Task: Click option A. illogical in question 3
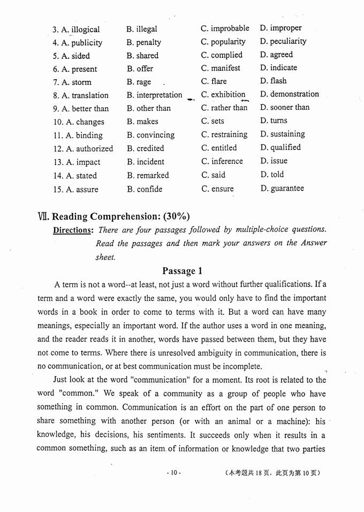tap(81, 29)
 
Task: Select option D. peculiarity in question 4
tap(283, 41)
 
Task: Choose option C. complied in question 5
tap(222, 55)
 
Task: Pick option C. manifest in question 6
tap(221, 68)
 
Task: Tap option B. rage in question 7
tap(139, 82)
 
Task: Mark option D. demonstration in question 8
tap(290, 94)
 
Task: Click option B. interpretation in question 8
tap(155, 95)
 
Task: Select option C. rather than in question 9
tap(224, 108)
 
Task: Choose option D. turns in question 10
tap(274, 121)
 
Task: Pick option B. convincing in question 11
tap(151, 135)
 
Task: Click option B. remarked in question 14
tap(148, 175)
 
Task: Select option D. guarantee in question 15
tap(282, 188)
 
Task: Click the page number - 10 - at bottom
tap(174, 473)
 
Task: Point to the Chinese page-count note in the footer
tap(273, 473)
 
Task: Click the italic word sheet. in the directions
tap(105, 257)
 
